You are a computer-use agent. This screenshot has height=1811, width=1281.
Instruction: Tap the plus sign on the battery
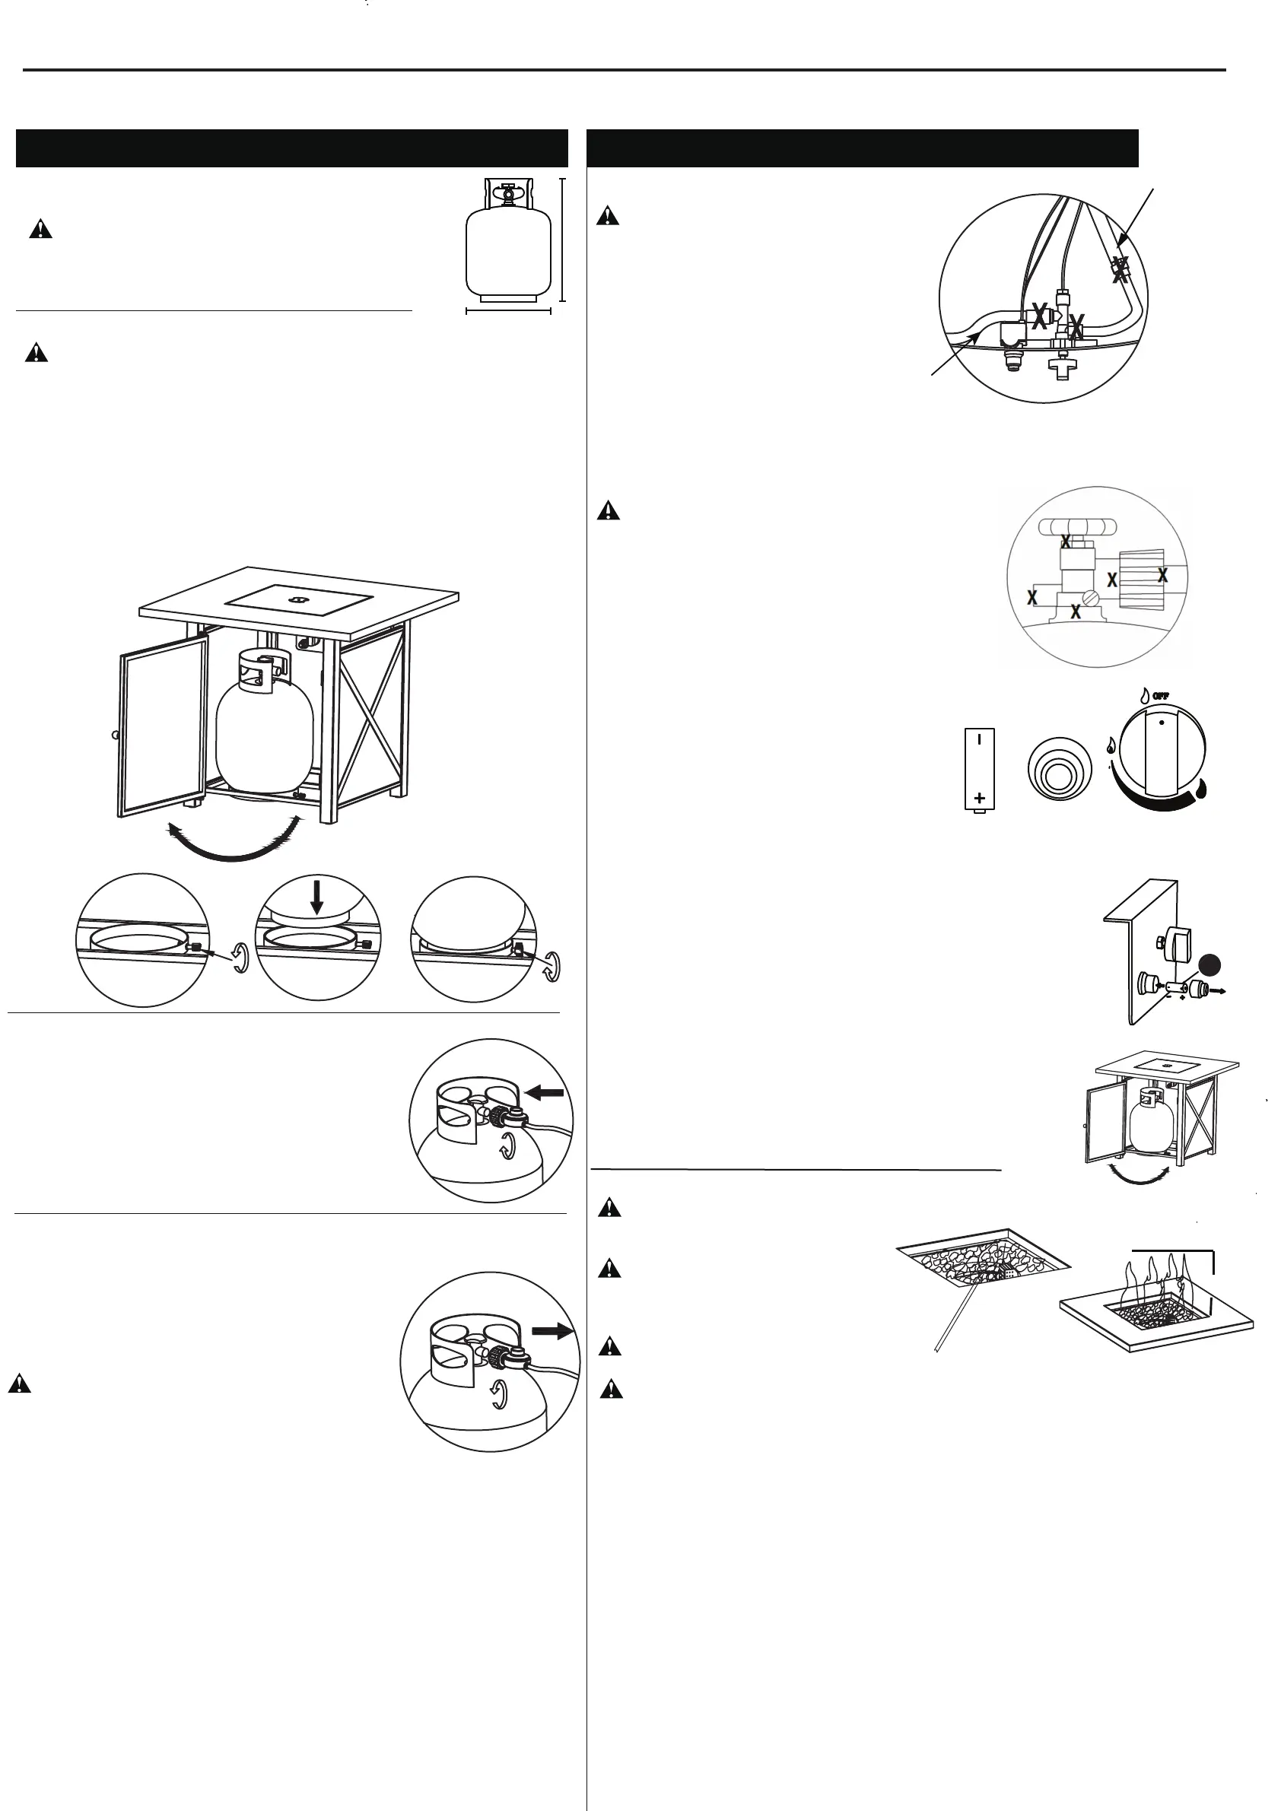(x=980, y=797)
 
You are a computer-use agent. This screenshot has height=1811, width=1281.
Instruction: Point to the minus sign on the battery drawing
(x=979, y=740)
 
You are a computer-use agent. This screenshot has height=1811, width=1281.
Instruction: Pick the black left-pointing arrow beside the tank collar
(x=545, y=1092)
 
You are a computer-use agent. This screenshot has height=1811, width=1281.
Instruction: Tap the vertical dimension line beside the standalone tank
(x=561, y=240)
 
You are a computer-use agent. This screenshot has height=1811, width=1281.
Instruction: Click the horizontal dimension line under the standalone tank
(x=508, y=311)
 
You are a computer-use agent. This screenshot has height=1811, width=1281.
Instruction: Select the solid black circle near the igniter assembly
(x=1209, y=964)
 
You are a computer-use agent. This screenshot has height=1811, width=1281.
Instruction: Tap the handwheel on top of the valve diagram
(x=1077, y=526)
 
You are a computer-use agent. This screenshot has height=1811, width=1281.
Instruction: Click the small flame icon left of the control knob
(x=1111, y=745)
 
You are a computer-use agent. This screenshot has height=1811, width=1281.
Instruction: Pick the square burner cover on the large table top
(x=298, y=598)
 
